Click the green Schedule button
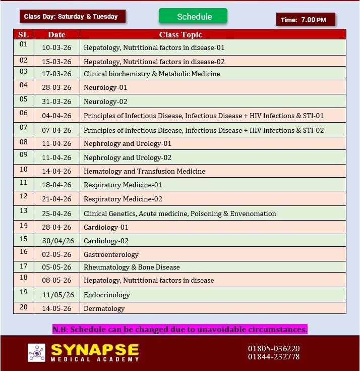click(193, 16)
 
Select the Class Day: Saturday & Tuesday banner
click(72, 16)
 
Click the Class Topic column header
click(181, 35)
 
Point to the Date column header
click(56, 35)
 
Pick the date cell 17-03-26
click(56, 74)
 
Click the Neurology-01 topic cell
click(105, 87)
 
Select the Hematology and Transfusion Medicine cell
click(144, 171)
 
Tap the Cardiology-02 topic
click(106, 241)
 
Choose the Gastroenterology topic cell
click(111, 254)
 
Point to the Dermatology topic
click(104, 308)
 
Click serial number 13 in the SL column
click(23, 211)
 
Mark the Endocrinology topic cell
click(107, 295)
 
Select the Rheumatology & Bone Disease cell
click(132, 267)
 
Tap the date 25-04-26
click(56, 214)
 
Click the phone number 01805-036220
click(274, 348)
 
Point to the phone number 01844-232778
click(274, 357)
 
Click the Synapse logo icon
click(36, 352)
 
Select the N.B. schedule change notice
click(179, 330)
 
